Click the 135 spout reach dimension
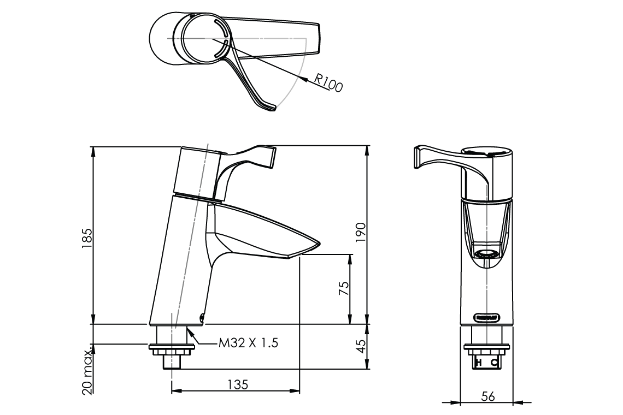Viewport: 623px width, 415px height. pos(236,384)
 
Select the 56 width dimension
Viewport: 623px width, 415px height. pos(487,396)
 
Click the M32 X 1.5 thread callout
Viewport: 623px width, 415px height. pos(249,343)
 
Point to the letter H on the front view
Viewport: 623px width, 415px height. pos(479,363)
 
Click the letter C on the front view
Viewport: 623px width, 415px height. pos(494,363)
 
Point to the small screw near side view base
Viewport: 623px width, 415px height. pos(202,316)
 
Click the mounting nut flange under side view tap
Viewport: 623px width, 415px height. pos(172,346)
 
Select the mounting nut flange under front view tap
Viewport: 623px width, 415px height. pos(486,346)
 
